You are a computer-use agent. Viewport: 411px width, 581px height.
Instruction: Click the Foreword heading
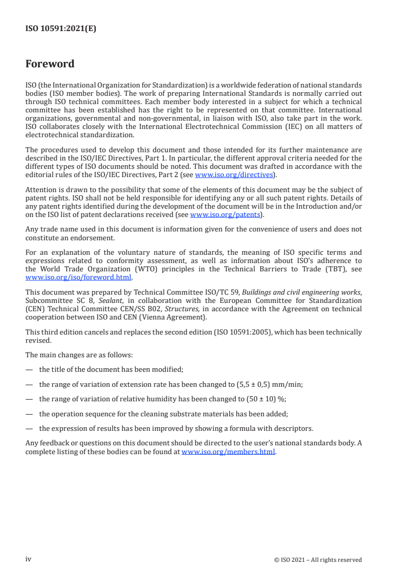coord(50,64)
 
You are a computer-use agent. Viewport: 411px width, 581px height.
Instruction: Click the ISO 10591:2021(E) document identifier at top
coord(61,29)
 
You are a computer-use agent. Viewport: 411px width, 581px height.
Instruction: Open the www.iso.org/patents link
coord(218,214)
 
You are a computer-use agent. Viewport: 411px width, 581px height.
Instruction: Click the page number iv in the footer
coord(29,559)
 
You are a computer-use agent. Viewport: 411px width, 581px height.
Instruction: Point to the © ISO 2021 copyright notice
coord(318,560)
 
